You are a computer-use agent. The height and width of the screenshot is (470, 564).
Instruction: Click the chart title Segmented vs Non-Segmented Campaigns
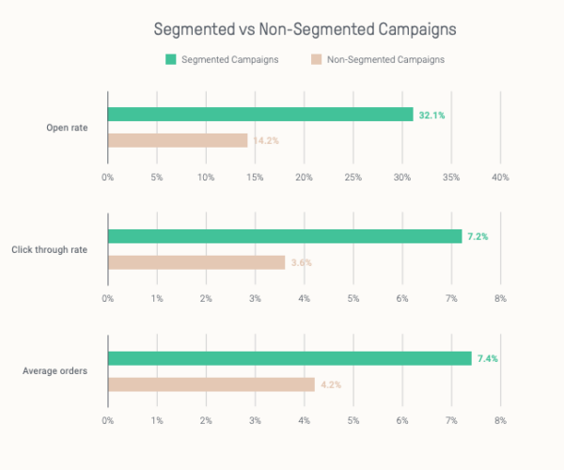click(x=305, y=29)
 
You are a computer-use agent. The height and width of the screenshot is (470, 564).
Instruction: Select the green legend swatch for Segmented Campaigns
click(x=170, y=59)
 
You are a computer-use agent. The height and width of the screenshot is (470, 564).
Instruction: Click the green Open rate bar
click(x=260, y=115)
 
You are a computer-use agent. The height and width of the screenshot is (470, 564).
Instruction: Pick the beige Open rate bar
click(x=178, y=140)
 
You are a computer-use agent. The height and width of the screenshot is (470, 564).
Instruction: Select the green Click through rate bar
click(x=285, y=237)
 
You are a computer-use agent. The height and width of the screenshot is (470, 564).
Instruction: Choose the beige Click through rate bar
click(x=196, y=262)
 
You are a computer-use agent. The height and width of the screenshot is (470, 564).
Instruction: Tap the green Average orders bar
click(x=290, y=358)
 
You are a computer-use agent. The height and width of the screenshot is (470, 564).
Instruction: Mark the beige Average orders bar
click(x=211, y=384)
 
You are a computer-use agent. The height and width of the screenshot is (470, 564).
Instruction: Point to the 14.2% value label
click(x=265, y=141)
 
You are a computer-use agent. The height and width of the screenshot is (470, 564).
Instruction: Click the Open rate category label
click(x=67, y=127)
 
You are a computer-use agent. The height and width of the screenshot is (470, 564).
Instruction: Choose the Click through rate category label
click(x=50, y=249)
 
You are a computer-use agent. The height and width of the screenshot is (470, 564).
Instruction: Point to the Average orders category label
click(x=55, y=370)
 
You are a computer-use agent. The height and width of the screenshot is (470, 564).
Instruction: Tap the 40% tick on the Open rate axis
click(x=500, y=177)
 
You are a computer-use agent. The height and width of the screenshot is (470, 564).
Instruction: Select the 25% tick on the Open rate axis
click(x=353, y=177)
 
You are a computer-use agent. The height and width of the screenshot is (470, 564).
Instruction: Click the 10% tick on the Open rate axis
click(x=206, y=177)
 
